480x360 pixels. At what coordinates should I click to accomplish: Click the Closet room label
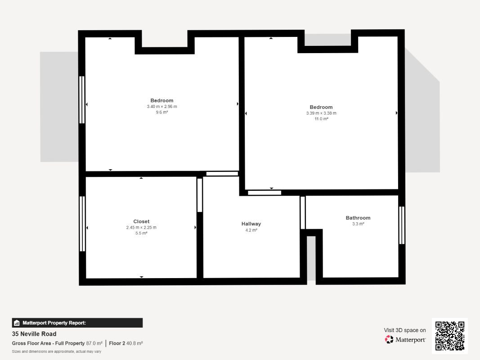[141, 221]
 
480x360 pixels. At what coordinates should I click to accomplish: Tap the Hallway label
[251, 224]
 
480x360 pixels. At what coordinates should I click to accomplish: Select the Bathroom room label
[358, 218]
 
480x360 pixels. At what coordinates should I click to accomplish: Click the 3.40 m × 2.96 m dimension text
[162, 107]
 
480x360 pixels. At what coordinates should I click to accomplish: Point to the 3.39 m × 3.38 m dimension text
[321, 113]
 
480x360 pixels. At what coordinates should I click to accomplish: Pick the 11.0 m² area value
[321, 119]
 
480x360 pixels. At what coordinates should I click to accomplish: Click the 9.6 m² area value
[162, 112]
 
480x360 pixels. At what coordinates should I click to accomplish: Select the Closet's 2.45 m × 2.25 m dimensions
[141, 227]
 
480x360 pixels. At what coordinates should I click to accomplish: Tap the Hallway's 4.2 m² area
[251, 230]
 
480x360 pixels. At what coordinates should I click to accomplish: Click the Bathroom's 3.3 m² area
[358, 224]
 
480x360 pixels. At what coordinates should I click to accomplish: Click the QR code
[450, 336]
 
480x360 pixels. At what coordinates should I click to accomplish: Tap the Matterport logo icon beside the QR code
[389, 339]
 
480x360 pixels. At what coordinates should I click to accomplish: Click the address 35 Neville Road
[34, 333]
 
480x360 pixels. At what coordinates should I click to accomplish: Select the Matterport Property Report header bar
[77, 323]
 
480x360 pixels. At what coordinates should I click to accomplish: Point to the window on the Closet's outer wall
[82, 224]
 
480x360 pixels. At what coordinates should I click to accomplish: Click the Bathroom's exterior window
[402, 225]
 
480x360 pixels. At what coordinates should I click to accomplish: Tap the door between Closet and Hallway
[200, 195]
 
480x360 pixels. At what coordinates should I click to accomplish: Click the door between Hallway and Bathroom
[303, 213]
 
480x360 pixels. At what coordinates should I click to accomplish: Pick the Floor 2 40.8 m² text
[126, 343]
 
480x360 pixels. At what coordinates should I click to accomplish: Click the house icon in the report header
[17, 323]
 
